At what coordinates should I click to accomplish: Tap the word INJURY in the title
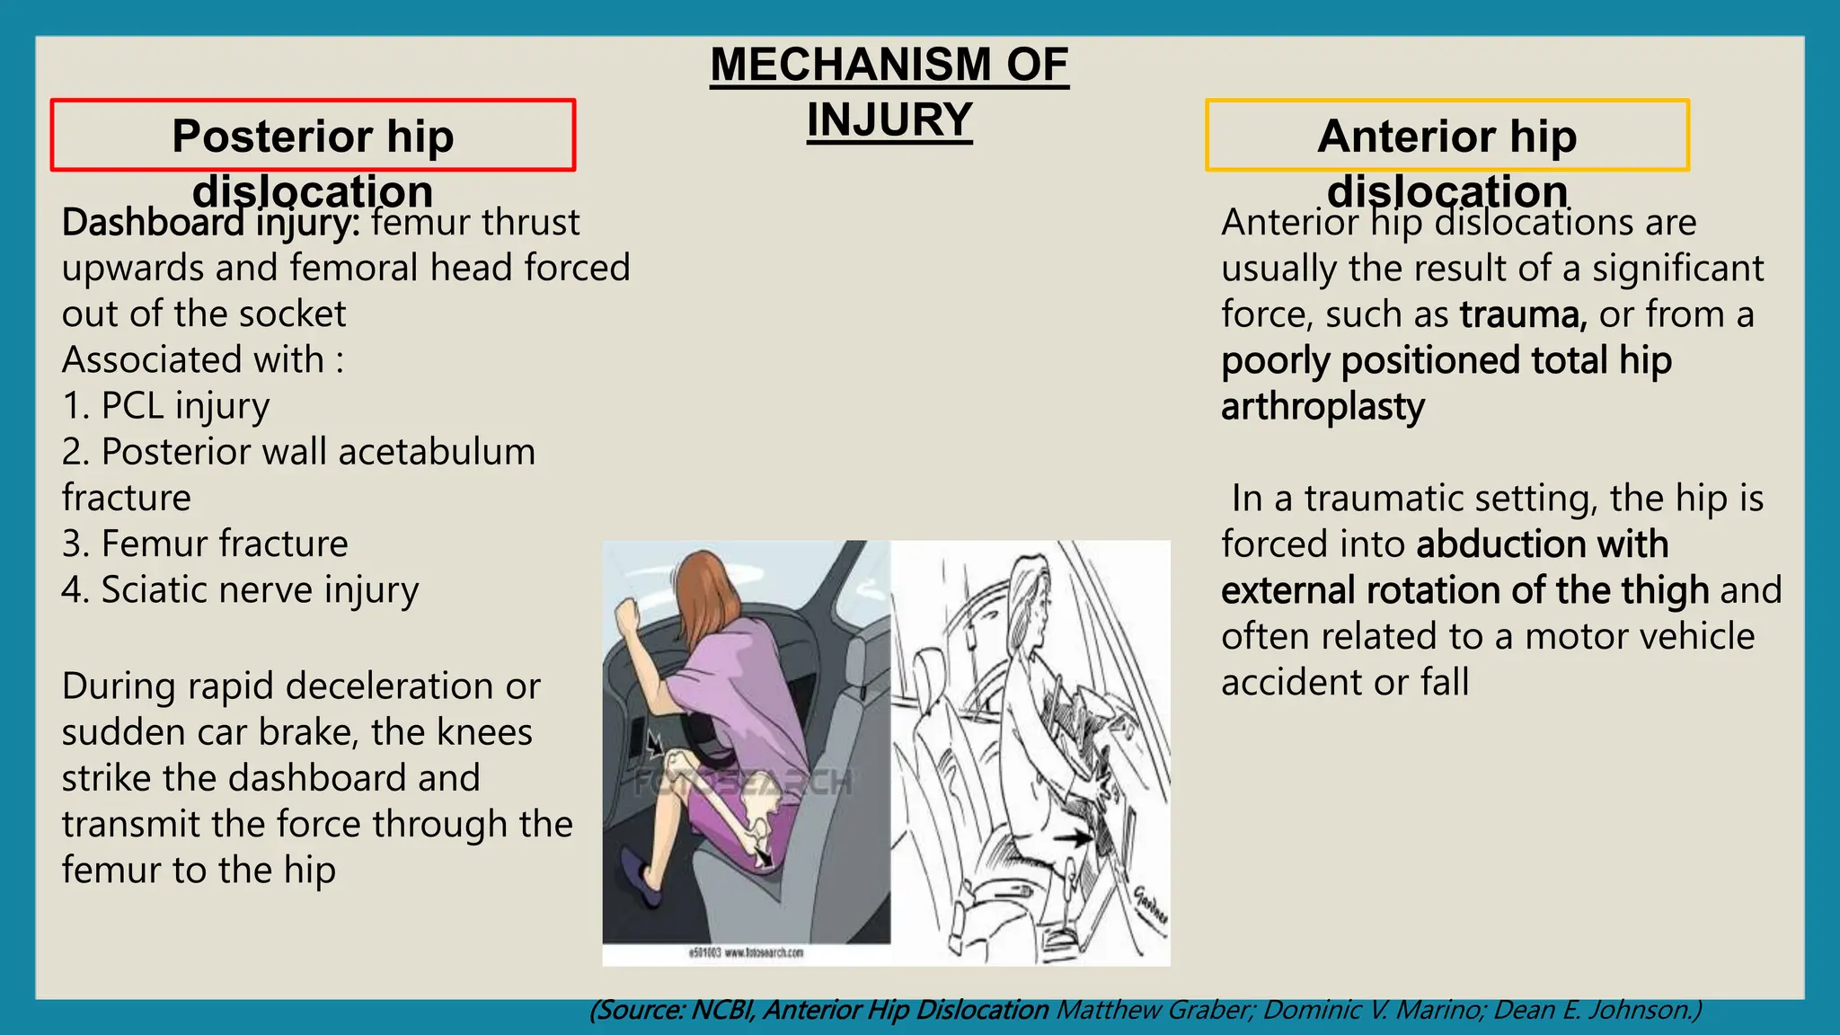pyautogui.click(x=889, y=120)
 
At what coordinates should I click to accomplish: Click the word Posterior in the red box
pyautogui.click(x=270, y=137)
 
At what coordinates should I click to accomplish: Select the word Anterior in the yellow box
pyautogui.click(x=1405, y=137)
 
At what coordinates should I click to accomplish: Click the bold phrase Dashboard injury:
pyautogui.click(x=210, y=222)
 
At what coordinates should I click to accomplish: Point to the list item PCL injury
pyautogui.click(x=184, y=406)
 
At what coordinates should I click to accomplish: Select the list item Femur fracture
pyautogui.click(x=224, y=544)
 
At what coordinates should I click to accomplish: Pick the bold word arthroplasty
pyautogui.click(x=1322, y=407)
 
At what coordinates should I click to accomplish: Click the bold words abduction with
pyautogui.click(x=1542, y=544)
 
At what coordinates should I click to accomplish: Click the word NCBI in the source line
pyautogui.click(x=723, y=1011)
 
